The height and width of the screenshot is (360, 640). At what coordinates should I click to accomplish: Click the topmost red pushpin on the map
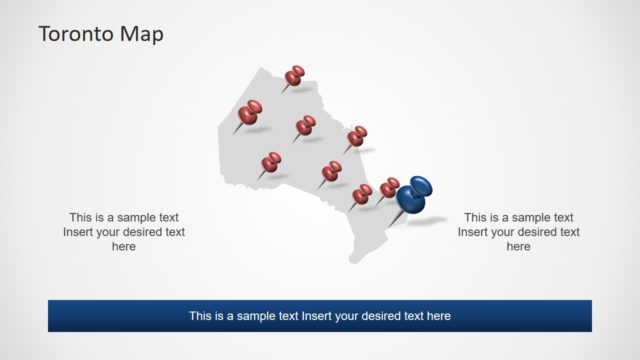pyautogui.click(x=295, y=75)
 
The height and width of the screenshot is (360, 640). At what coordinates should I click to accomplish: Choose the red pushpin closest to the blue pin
pyautogui.click(x=389, y=187)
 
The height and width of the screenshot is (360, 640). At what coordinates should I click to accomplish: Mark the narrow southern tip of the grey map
pyautogui.click(x=354, y=259)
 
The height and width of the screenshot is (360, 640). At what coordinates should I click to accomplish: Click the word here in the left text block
pyautogui.click(x=124, y=247)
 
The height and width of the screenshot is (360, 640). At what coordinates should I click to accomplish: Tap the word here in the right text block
pyautogui.click(x=518, y=247)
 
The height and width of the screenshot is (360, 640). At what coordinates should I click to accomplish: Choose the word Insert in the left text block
pyautogui.click(x=79, y=232)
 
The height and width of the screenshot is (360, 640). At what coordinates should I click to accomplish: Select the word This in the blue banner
pyautogui.click(x=202, y=316)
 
